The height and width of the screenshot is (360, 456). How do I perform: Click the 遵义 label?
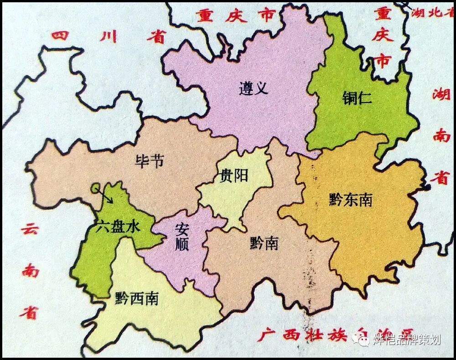(253, 87)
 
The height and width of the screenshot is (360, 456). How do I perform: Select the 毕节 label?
(149, 160)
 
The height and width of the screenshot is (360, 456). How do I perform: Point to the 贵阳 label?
(234, 175)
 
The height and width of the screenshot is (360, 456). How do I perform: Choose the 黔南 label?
(264, 243)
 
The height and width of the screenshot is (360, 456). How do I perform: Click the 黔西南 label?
(137, 298)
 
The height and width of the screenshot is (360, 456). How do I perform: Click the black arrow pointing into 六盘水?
(104, 196)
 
